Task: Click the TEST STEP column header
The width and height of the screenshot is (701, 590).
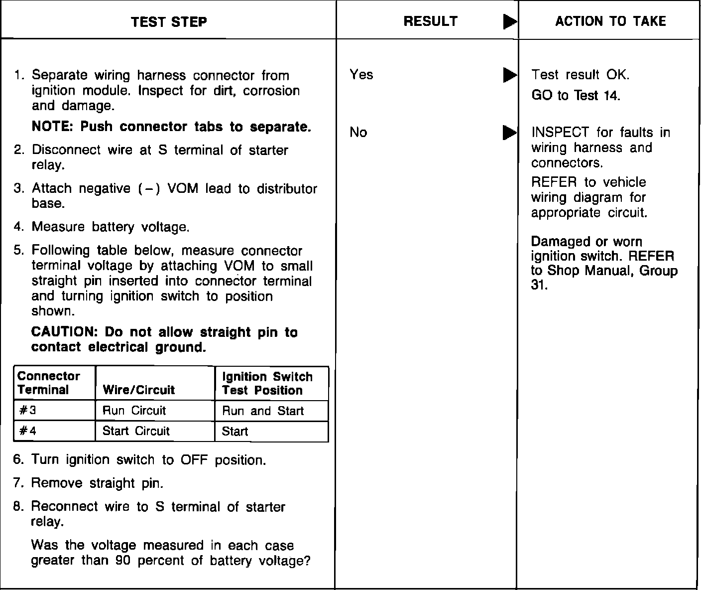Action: click(x=169, y=22)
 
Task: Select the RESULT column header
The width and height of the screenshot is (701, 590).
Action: click(x=430, y=21)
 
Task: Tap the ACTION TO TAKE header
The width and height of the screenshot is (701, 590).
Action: click(x=610, y=21)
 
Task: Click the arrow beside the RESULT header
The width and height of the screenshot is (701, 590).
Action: click(x=509, y=22)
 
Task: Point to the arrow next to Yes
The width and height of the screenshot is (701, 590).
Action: click(x=509, y=75)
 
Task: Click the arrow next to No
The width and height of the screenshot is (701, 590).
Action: click(x=509, y=133)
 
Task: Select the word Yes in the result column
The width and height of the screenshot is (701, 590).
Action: click(x=361, y=75)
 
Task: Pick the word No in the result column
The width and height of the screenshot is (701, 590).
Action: click(x=358, y=132)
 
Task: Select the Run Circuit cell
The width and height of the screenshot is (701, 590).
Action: click(x=134, y=411)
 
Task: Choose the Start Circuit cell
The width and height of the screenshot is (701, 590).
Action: click(x=136, y=431)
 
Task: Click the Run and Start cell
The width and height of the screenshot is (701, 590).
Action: click(x=262, y=411)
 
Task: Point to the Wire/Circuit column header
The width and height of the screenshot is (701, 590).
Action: click(x=138, y=390)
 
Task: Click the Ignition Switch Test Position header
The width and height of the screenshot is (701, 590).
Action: click(x=267, y=383)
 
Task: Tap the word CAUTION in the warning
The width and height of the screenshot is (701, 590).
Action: click(x=63, y=332)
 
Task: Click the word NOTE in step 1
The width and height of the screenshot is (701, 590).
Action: click(x=52, y=127)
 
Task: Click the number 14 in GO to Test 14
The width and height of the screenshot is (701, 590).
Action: click(x=611, y=96)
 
